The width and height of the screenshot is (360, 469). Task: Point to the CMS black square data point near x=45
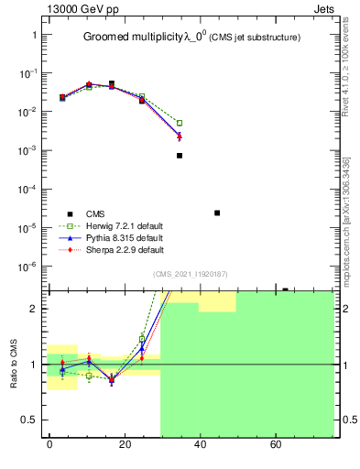(x=217, y=213)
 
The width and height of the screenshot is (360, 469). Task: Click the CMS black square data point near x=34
(x=180, y=156)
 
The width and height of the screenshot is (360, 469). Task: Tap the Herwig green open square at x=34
(x=180, y=123)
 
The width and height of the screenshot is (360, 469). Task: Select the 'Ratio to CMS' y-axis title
(x=12, y=363)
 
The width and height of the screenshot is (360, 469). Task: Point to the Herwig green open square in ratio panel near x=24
(x=142, y=339)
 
